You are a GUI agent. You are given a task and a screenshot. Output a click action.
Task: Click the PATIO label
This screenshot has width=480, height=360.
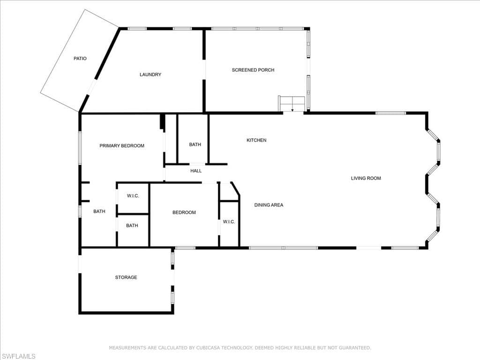click(x=80, y=59)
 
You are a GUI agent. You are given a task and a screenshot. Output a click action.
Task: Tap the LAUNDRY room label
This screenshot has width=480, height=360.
click(x=150, y=75)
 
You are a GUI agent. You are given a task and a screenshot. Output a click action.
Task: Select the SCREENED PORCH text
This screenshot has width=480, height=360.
click(x=253, y=70)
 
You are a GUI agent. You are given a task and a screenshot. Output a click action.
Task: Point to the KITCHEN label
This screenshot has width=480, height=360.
click(x=256, y=140)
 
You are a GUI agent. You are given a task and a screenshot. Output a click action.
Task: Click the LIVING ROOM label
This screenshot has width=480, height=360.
click(x=366, y=178)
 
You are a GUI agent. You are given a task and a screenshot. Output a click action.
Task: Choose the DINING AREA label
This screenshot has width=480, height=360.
click(x=269, y=205)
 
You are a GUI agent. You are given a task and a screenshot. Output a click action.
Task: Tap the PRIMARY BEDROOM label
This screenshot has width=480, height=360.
click(x=122, y=146)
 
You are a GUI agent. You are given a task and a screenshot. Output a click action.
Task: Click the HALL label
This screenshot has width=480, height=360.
click(x=196, y=171)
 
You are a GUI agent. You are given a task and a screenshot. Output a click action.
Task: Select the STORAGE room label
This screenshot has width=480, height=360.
click(x=126, y=277)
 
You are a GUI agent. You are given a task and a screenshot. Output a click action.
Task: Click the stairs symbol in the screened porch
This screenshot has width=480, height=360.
click(x=292, y=104)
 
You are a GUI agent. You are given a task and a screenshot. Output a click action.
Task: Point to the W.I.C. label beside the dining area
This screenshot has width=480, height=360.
click(x=229, y=222)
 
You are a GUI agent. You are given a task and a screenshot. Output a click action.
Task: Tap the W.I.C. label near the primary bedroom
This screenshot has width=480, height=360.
click(x=133, y=196)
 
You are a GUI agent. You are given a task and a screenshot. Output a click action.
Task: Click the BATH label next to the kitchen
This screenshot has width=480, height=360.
click(x=195, y=144)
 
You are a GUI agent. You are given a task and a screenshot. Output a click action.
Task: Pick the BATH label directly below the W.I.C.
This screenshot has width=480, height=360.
click(x=132, y=225)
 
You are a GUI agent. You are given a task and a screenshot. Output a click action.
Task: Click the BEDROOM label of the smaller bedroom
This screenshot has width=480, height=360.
click(x=184, y=212)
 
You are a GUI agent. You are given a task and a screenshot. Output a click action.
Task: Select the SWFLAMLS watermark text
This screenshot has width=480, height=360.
click(x=18, y=356)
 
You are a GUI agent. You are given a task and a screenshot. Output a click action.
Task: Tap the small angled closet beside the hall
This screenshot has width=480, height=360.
click(x=229, y=192)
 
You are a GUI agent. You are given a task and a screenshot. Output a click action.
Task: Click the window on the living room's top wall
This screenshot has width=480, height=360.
click(x=391, y=113)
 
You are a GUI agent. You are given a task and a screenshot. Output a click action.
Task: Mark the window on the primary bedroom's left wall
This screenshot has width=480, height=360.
click(x=80, y=148)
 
